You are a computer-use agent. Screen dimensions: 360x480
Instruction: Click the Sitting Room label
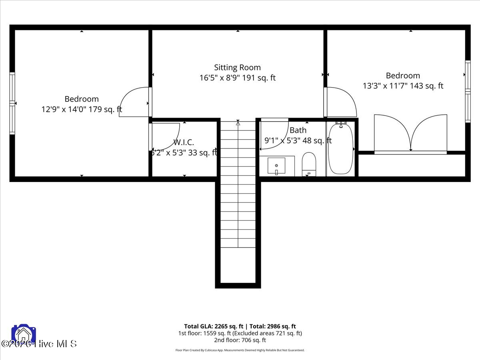[x=237, y=68]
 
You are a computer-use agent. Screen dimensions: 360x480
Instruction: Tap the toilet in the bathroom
[x=309, y=164]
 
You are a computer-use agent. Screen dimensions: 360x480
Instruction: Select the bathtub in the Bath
[x=340, y=149]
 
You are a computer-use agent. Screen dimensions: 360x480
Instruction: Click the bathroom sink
[x=276, y=166]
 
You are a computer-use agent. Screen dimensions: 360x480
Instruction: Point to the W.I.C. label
[x=184, y=142]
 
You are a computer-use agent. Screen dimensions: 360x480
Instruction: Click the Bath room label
[x=298, y=130]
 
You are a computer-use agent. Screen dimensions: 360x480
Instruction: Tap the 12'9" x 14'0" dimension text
[x=82, y=109]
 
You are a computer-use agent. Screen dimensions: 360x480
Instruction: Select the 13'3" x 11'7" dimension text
[x=403, y=86]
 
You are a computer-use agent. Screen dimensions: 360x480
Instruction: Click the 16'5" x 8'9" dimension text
[x=237, y=78]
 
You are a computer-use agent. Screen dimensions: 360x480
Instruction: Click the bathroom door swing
[x=274, y=134]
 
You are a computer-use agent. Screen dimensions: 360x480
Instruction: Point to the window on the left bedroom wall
[x=12, y=103]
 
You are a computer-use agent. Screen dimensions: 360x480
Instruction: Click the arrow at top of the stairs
[x=238, y=123]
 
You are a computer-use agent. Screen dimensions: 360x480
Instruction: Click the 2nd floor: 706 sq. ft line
[x=240, y=340]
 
